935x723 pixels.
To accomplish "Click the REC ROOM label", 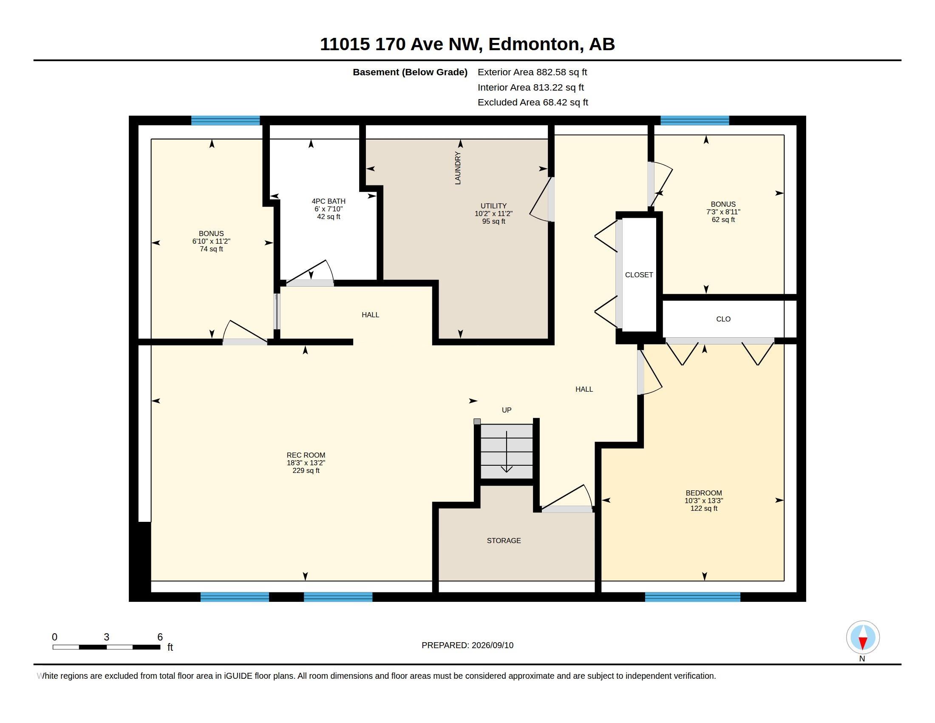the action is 306,455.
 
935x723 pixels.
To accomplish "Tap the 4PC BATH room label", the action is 329,201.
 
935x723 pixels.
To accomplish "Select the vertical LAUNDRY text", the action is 458,168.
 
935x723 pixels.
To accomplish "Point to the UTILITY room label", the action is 493,205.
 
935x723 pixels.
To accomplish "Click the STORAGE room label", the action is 504,541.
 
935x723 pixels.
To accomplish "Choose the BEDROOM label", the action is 703,493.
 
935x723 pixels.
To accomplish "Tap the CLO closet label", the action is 723,319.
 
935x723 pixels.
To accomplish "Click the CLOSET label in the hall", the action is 639,275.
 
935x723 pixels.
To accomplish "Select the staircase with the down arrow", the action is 507,451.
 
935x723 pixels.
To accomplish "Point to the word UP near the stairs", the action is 507,410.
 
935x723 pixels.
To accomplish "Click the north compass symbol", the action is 863,638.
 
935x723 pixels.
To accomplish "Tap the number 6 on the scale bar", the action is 160,637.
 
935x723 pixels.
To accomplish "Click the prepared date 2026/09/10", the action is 492,645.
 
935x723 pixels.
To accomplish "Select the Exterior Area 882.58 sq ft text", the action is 532,72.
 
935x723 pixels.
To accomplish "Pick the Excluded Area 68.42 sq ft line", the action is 533,102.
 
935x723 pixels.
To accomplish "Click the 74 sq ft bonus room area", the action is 211,249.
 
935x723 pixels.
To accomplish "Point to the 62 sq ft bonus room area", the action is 723,220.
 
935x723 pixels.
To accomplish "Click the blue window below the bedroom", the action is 692,597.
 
